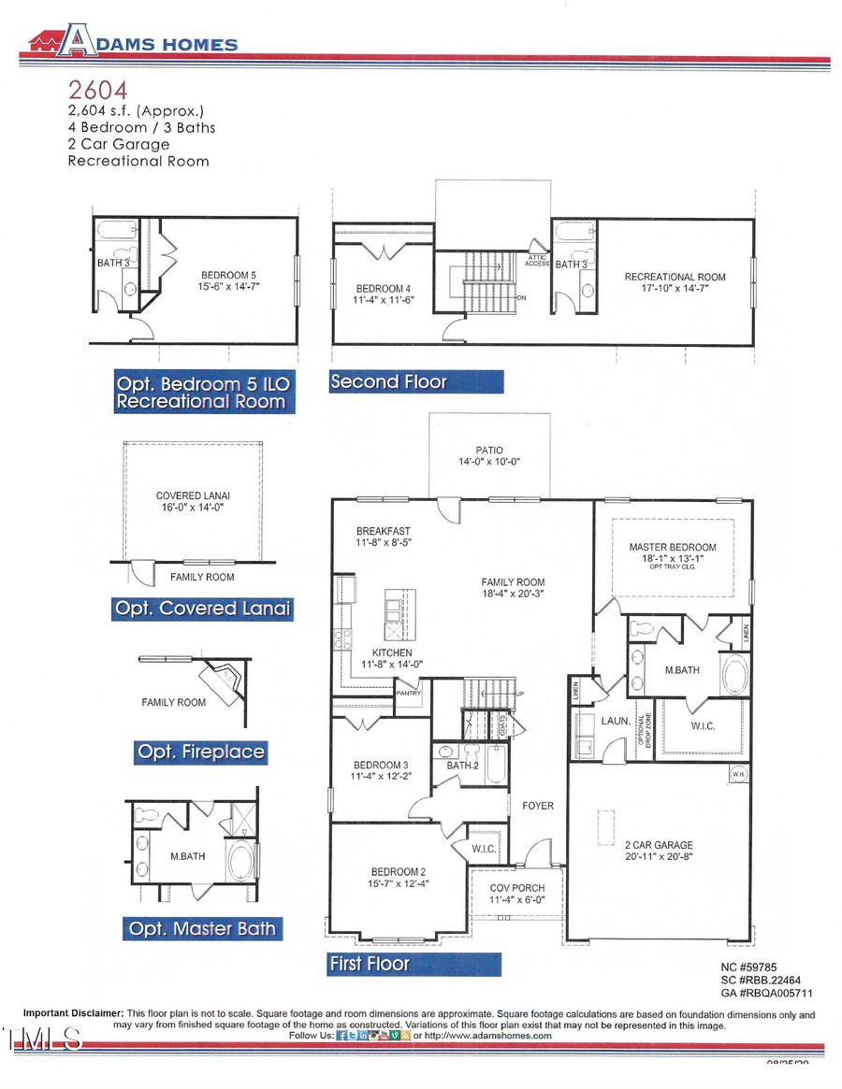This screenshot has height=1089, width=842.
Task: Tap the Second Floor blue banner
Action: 415,381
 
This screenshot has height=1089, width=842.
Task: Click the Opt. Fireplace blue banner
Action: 200,752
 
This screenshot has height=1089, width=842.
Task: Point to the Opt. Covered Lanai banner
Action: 201,609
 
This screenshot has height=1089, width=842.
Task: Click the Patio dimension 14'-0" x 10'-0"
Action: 489,462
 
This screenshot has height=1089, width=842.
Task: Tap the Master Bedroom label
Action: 674,547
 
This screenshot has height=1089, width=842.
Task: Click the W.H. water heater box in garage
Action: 739,774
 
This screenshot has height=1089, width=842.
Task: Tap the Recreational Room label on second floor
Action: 675,277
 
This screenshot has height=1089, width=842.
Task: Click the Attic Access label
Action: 537,261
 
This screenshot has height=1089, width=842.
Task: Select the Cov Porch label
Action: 517,888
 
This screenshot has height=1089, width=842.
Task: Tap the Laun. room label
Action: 587,722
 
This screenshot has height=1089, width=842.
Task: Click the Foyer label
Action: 538,805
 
